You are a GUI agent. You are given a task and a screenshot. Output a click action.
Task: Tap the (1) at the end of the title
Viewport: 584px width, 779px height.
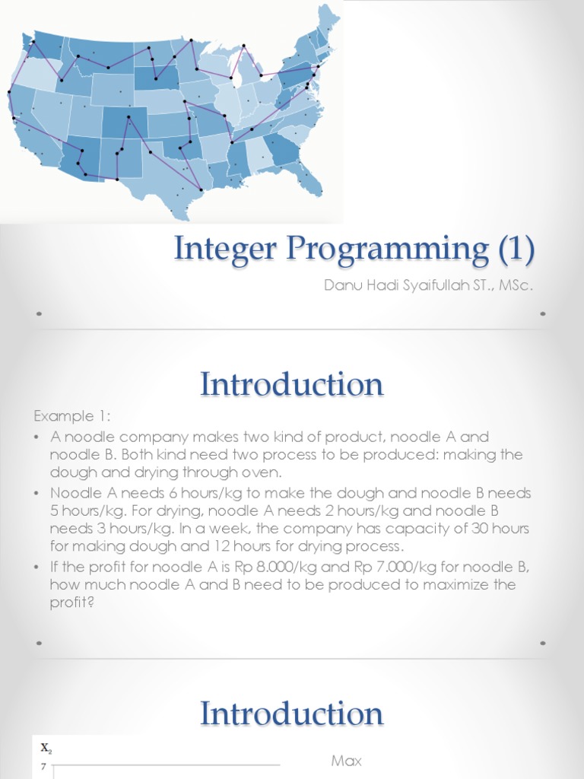[x=513, y=250]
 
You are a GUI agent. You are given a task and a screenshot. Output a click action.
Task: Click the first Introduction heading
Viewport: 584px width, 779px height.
[x=292, y=385]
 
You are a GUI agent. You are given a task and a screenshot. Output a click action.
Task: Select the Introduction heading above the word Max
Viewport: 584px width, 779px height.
[x=292, y=714]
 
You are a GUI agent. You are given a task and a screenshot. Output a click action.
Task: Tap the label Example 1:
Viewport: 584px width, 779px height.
[x=71, y=417]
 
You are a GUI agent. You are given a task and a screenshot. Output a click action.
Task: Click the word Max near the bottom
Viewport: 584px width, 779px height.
[x=347, y=761]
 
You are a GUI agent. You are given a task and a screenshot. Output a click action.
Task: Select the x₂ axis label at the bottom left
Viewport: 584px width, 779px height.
[x=46, y=749]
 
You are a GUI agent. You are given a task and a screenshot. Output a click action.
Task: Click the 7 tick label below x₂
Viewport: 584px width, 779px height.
[x=44, y=768]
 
